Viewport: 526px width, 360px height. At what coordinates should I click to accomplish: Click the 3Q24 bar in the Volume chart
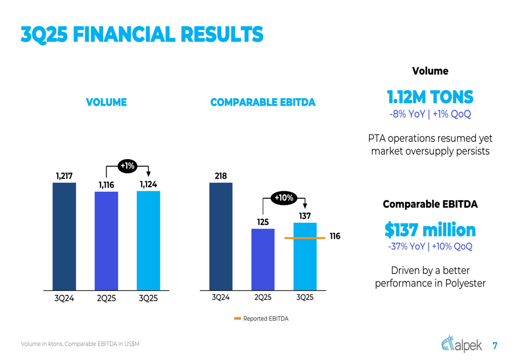[x=64, y=236]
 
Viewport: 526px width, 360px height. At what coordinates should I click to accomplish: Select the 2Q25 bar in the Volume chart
[x=106, y=241]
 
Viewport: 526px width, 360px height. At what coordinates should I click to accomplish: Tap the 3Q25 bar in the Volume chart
[x=148, y=240]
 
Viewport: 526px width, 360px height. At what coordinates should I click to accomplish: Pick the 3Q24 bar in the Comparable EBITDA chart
[x=221, y=236]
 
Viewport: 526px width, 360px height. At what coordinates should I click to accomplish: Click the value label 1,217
[x=64, y=176]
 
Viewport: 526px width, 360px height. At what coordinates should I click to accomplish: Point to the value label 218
[x=221, y=176]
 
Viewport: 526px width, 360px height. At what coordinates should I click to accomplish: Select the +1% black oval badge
[x=127, y=166]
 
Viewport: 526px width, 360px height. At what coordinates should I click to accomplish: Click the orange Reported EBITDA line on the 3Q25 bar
[x=305, y=238]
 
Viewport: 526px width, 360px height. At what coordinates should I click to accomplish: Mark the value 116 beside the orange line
[x=335, y=236]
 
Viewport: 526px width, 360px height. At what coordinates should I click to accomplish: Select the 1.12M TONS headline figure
[x=430, y=97]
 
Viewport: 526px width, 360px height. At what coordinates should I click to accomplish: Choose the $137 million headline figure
[x=430, y=230]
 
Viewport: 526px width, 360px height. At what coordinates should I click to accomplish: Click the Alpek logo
[x=461, y=344]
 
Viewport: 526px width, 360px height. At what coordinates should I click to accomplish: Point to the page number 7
[x=494, y=346]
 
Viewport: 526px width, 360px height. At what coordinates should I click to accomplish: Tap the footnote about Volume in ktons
[x=80, y=344]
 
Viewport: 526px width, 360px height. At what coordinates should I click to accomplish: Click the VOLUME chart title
[x=106, y=102]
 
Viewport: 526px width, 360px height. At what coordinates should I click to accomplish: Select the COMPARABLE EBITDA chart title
[x=263, y=102]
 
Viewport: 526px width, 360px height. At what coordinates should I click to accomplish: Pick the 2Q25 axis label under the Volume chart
[x=106, y=298]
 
